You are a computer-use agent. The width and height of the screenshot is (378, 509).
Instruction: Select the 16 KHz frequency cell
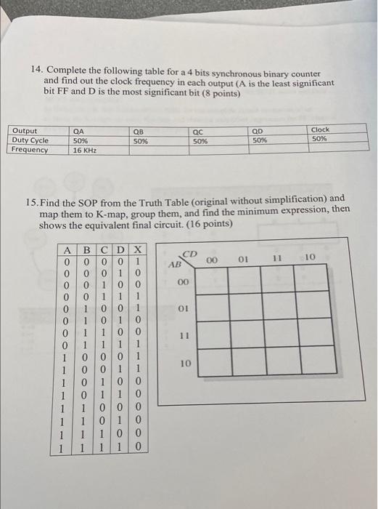[x=83, y=150]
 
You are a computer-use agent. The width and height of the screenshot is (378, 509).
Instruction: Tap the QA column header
[x=79, y=130]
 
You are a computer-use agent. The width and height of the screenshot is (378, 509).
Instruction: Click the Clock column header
[x=319, y=130]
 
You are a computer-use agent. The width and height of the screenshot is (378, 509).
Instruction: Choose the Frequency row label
[x=30, y=150]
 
